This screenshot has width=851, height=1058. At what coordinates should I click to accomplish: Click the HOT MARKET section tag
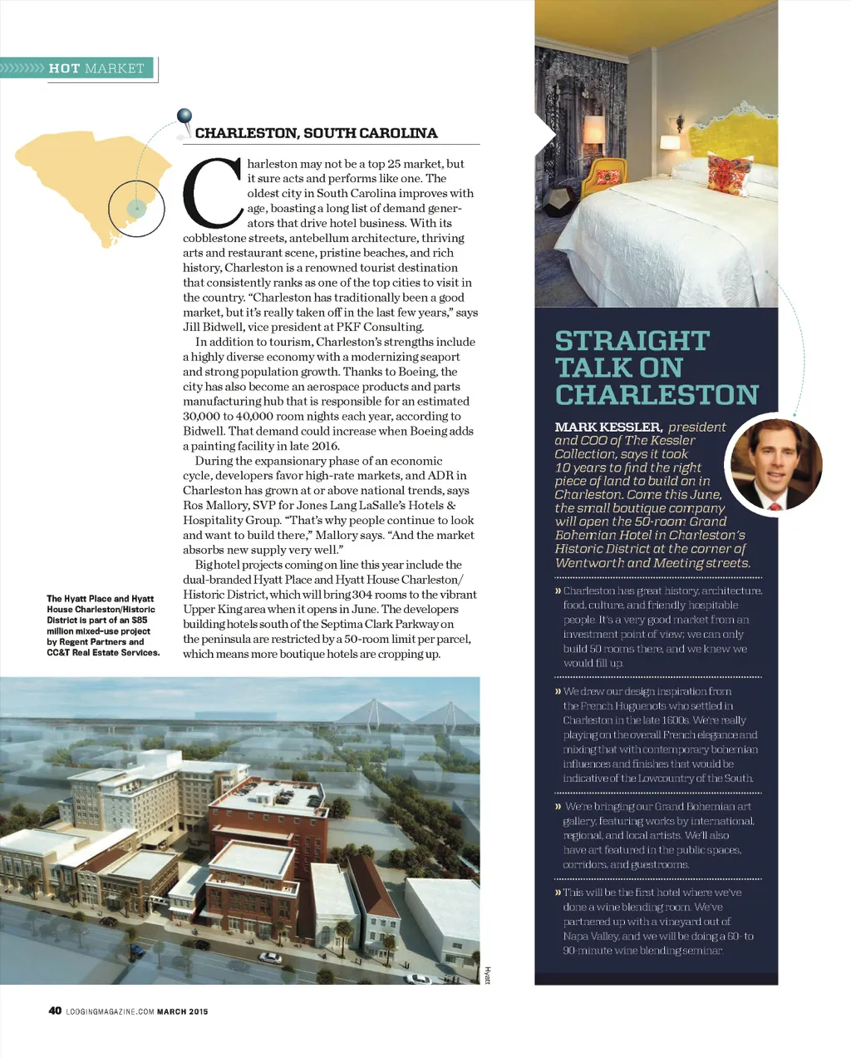pyautogui.click(x=96, y=68)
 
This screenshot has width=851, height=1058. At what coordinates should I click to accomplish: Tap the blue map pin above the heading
pyautogui.click(x=184, y=117)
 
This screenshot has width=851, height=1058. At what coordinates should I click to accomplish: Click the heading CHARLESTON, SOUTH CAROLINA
pyautogui.click(x=316, y=133)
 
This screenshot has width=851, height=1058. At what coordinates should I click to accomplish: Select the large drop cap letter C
pyautogui.click(x=212, y=193)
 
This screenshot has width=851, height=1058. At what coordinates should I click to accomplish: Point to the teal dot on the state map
pyautogui.click(x=137, y=207)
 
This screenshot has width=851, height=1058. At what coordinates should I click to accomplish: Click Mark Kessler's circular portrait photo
pyautogui.click(x=774, y=462)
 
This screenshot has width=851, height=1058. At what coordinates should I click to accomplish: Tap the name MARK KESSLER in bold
pyautogui.click(x=608, y=427)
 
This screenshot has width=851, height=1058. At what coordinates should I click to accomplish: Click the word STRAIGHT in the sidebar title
pyautogui.click(x=632, y=341)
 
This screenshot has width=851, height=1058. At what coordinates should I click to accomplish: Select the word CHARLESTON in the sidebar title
pyautogui.click(x=657, y=394)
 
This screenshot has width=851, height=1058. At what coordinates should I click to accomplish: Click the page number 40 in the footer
pyautogui.click(x=55, y=1011)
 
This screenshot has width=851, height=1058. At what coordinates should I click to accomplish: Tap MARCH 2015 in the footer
pyautogui.click(x=183, y=1011)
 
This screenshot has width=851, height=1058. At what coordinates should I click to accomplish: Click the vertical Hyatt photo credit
pyautogui.click(x=488, y=974)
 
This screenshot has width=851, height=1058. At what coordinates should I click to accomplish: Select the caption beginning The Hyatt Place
pyautogui.click(x=102, y=625)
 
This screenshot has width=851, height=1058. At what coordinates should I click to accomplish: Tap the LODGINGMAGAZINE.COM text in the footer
pyautogui.click(x=110, y=1011)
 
